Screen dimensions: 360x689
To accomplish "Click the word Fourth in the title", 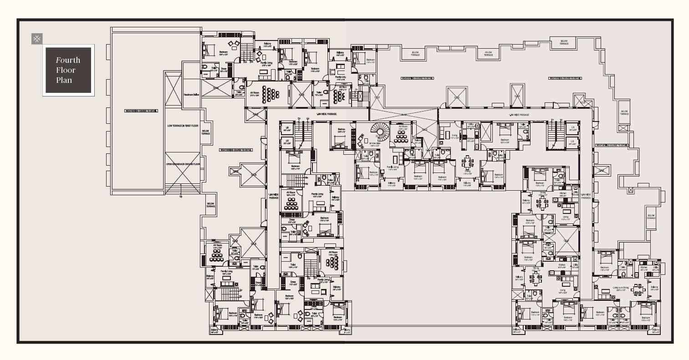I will pos(68,60).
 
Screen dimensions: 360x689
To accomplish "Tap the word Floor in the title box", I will pos(66,70).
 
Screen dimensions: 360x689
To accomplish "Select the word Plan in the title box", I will pos(64,80).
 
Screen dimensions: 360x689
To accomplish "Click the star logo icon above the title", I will pos(37,39).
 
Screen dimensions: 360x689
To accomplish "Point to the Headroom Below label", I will pos(191,95).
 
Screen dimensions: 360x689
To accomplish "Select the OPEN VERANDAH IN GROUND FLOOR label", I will pos(183,164).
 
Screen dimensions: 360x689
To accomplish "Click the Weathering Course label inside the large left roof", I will pos(141,111).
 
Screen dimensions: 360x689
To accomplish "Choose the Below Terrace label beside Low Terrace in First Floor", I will pos(206,132).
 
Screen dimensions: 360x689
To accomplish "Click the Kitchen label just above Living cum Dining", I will pos(643,268).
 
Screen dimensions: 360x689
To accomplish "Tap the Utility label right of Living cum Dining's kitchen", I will pos(655,268).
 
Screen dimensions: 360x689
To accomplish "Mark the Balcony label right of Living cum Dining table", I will pos(654,288).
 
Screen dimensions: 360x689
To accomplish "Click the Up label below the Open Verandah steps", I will pos(181,197).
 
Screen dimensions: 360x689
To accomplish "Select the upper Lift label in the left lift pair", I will pos(286,130).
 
